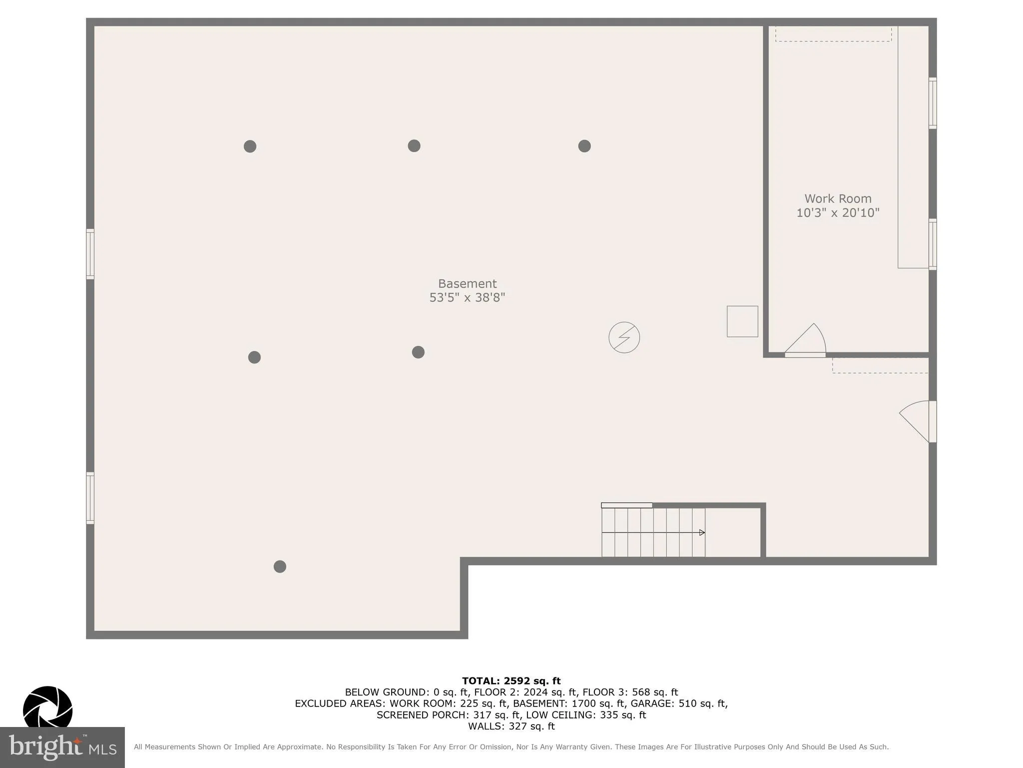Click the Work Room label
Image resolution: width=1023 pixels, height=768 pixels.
tap(838, 199)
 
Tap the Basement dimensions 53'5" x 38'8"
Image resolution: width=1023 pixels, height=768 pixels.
tap(467, 297)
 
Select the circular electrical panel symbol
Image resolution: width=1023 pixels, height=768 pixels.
tap(624, 337)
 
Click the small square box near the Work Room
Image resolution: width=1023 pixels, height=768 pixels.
tap(742, 321)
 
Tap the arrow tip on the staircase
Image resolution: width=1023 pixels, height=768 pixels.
tap(702, 532)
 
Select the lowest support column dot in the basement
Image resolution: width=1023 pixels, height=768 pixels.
tap(280, 566)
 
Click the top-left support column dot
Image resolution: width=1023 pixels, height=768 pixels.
tap(250, 146)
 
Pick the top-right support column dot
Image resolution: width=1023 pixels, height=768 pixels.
tap(584, 146)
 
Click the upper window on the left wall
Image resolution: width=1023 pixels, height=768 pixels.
tap(90, 253)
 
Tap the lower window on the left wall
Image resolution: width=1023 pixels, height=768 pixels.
tap(90, 498)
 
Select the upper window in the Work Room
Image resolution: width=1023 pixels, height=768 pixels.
tap(932, 103)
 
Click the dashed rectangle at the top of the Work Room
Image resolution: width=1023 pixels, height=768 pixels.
tap(833, 34)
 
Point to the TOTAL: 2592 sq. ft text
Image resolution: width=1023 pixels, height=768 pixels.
tap(511, 681)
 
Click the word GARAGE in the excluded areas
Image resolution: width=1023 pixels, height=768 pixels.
tap(649, 703)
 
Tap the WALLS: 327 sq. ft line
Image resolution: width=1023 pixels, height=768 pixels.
tap(511, 726)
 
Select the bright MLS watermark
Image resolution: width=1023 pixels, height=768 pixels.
tap(62, 747)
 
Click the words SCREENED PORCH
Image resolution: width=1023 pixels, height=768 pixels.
tap(418, 715)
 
